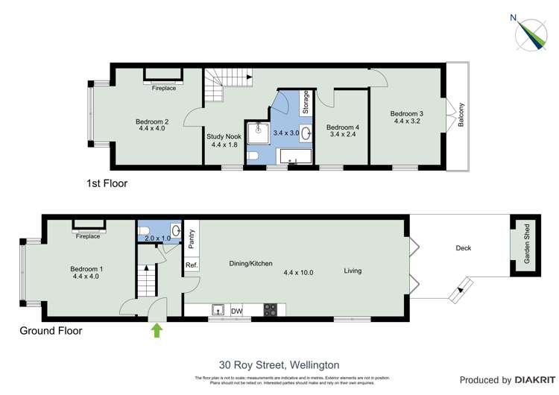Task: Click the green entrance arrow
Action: (157, 329)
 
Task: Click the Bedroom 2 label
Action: (151, 124)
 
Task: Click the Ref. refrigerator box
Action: (191, 265)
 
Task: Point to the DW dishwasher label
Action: (237, 311)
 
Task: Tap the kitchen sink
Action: (218, 310)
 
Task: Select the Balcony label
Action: (461, 115)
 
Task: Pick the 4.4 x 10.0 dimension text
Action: (298, 273)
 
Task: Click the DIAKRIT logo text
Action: (526, 380)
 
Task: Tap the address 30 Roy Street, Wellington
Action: (279, 365)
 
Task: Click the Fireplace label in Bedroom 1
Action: (87, 236)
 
